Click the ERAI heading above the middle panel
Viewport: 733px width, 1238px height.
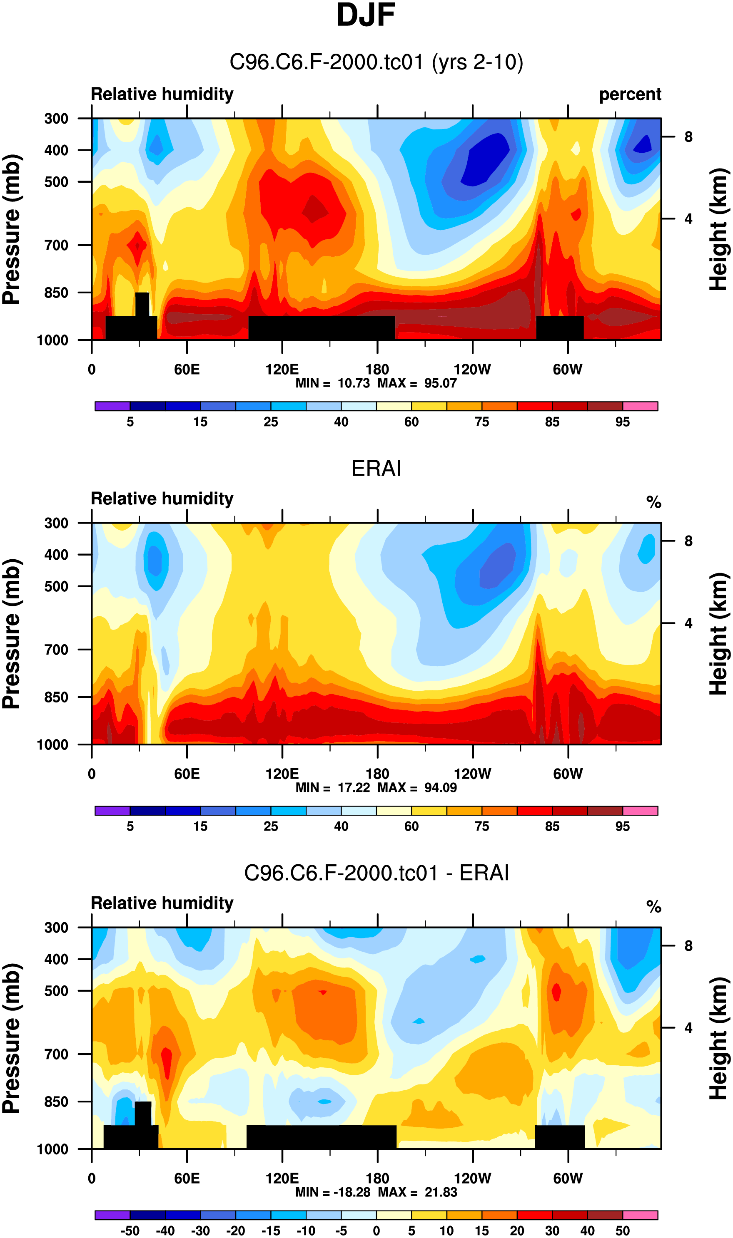376,468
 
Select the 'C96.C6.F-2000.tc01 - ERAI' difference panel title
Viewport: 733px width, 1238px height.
376,873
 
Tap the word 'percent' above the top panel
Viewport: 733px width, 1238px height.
630,94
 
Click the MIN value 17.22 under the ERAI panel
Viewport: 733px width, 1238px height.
354,787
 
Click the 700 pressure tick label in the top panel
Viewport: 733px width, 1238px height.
56,245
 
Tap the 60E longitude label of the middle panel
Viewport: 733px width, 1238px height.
187,774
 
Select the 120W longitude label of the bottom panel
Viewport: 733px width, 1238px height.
472,1178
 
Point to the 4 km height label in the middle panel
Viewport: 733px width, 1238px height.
688,623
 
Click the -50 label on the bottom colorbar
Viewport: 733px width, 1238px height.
130,1231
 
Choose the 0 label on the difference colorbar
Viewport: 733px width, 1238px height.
376,1231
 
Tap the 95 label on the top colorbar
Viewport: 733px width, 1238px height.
622,422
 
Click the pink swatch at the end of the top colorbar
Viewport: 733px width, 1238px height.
640,406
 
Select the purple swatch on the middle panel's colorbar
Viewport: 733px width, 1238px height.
112,811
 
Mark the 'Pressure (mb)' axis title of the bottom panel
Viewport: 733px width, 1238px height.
12,1038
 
